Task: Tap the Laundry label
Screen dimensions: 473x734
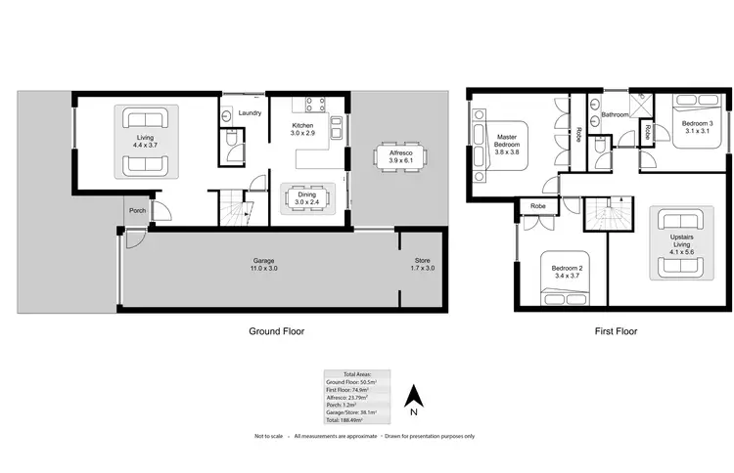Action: (x=248, y=113)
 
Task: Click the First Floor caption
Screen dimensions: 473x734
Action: (x=616, y=331)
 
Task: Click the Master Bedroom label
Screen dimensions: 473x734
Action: (x=506, y=142)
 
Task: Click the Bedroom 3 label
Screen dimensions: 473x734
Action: (x=698, y=124)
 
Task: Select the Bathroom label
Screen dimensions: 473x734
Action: (x=616, y=114)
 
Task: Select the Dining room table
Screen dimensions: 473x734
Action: (x=307, y=201)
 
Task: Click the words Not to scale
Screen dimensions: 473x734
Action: (x=270, y=435)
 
